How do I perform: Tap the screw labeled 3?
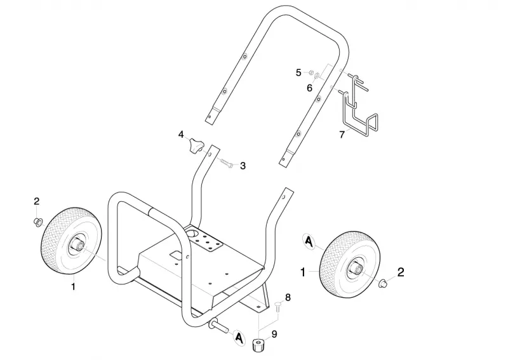click(227, 163)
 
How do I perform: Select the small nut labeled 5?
click(310, 72)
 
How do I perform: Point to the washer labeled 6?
click(317, 76)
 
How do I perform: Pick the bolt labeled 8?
click(277, 306)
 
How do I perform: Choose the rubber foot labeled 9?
click(258, 344)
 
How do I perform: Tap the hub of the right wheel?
click(356, 268)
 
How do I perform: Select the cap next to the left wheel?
click(37, 222)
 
